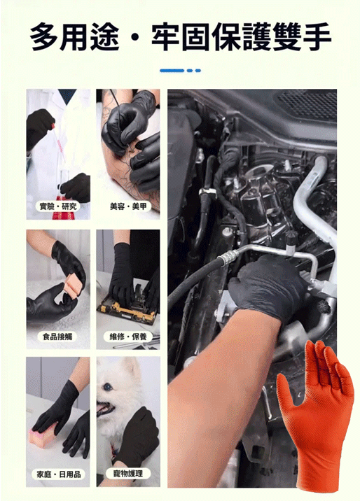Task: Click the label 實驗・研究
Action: (59, 206)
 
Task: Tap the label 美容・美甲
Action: (129, 206)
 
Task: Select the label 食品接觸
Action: (59, 337)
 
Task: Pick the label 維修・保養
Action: (128, 337)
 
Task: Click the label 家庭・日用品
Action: (59, 474)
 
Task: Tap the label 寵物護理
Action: (128, 474)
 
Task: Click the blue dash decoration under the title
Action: (180, 70)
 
